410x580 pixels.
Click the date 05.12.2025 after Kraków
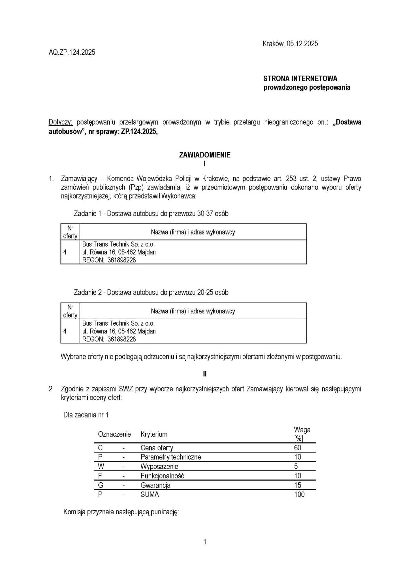302,44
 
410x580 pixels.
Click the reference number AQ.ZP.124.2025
72,52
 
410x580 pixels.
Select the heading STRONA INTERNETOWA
300,78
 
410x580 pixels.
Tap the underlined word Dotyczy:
61,122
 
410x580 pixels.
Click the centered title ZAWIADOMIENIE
205,155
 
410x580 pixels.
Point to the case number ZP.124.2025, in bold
139,131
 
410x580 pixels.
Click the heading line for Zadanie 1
151,214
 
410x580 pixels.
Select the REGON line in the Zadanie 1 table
109,260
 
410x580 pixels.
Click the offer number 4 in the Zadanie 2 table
65,331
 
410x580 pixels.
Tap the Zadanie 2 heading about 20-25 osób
151,293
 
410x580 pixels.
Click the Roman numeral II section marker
205,374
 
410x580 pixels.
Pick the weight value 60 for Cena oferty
298,448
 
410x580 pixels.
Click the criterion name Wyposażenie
159,466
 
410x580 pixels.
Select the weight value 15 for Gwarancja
298,485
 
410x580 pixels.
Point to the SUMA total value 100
299,494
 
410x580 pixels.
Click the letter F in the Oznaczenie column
100,476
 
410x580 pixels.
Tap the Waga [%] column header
302,434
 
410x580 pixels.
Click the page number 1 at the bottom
205,542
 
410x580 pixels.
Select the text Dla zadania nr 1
86,415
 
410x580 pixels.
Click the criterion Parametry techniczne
171,457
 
